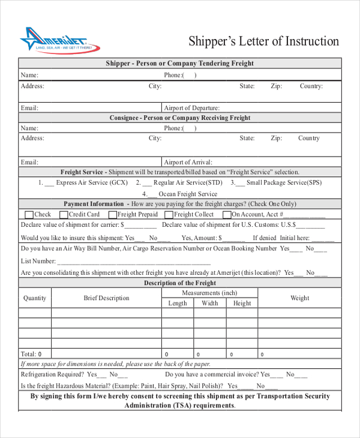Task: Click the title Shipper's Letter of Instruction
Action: [263, 41]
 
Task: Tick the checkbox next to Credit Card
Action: [64, 214]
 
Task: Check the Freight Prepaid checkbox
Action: [112, 214]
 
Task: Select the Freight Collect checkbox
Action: [169, 214]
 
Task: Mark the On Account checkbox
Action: [226, 214]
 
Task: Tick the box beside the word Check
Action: [29, 214]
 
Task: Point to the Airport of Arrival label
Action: [188, 162]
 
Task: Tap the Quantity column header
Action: [35, 298]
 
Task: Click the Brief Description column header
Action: [106, 298]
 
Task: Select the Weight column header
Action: [299, 298]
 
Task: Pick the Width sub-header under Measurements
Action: [210, 304]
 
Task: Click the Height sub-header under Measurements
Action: [242, 304]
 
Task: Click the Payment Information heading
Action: [93, 203]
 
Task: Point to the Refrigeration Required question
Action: [52, 374]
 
